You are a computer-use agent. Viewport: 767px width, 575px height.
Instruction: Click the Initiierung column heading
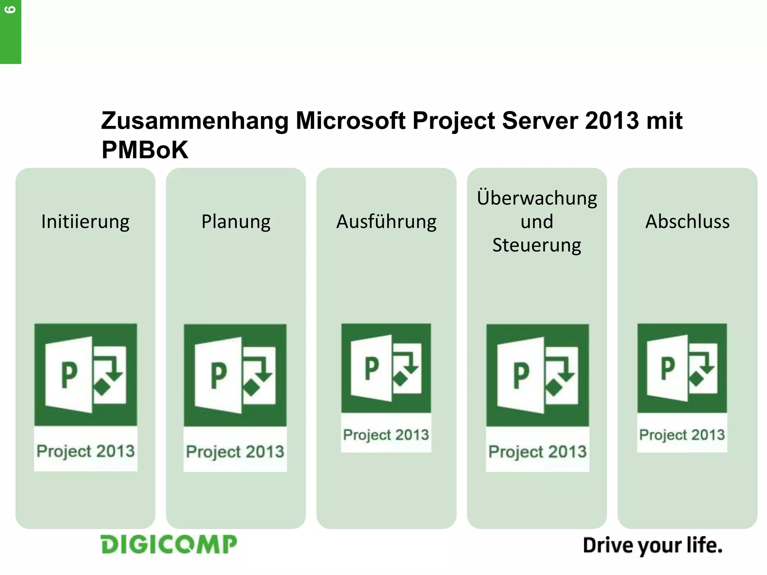pyautogui.click(x=85, y=222)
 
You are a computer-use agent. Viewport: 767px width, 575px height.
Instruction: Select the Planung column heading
pyautogui.click(x=236, y=222)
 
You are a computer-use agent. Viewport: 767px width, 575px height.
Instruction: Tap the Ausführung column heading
pyautogui.click(x=386, y=222)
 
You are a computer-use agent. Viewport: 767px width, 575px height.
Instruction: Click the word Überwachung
pyautogui.click(x=537, y=198)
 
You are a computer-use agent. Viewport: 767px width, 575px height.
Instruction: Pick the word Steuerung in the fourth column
pyautogui.click(x=537, y=245)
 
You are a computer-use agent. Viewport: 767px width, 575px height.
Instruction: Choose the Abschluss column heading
pyautogui.click(x=687, y=222)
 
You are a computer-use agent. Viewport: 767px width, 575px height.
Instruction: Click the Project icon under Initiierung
pyautogui.click(x=85, y=374)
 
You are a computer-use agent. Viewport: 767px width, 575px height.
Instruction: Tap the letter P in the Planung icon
pyautogui.click(x=219, y=375)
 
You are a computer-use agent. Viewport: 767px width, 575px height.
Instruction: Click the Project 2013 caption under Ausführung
pyautogui.click(x=386, y=435)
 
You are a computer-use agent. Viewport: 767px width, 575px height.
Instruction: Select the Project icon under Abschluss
pyautogui.click(x=682, y=368)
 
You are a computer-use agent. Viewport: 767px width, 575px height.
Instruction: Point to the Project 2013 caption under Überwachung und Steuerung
pyautogui.click(x=537, y=451)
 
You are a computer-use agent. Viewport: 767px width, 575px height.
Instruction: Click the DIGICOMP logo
pyautogui.click(x=169, y=544)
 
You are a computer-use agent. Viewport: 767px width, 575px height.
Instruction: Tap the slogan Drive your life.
pyautogui.click(x=652, y=545)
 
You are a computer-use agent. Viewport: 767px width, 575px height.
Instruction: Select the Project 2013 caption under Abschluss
pyautogui.click(x=682, y=435)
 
